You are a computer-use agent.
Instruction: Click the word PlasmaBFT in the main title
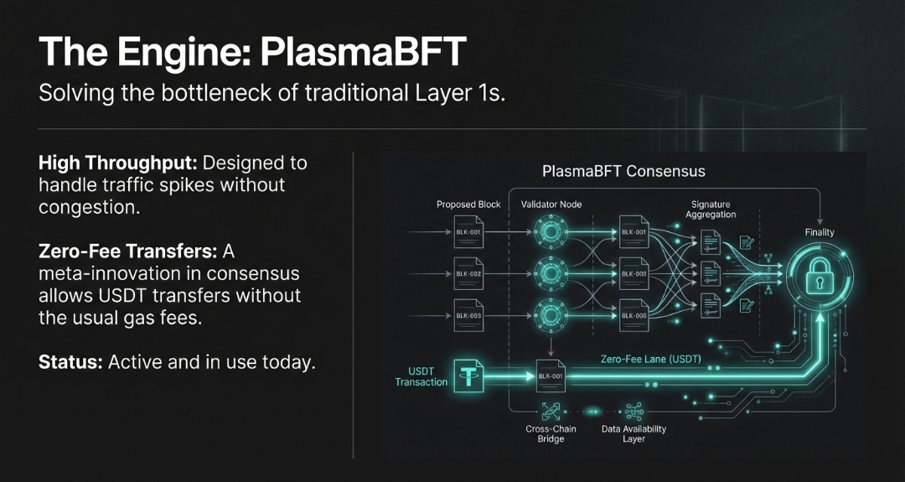[x=362, y=51]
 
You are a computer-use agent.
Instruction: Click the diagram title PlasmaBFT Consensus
[x=623, y=171]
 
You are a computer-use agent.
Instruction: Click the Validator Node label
[x=551, y=205]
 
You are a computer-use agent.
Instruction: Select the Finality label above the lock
[x=819, y=232]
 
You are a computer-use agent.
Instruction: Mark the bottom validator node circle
[x=551, y=315]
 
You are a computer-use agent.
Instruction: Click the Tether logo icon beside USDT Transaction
[x=468, y=376]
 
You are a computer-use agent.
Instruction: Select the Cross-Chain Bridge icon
[x=550, y=411]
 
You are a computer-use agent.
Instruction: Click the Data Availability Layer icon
[x=633, y=411]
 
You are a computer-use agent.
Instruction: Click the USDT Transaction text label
[x=421, y=376]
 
